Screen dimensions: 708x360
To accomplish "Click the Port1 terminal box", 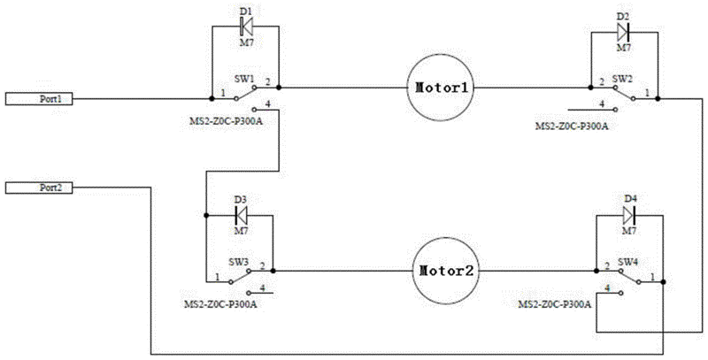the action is click(x=39, y=99).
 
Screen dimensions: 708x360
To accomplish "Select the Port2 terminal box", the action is click(x=39, y=188).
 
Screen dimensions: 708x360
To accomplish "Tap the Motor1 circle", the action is click(x=440, y=88).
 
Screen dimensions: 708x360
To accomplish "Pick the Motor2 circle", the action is click(x=446, y=272).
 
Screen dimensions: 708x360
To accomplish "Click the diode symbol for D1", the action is click(x=246, y=27).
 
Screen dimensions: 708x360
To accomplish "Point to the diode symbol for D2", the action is click(x=624, y=32).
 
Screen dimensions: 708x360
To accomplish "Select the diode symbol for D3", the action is click(x=242, y=215).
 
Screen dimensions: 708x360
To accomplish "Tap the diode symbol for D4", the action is click(x=629, y=215).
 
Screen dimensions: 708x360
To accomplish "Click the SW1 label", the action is click(x=242, y=78).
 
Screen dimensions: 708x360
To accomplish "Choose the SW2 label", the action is click(x=621, y=78).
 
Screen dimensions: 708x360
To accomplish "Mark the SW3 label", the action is click(x=237, y=262).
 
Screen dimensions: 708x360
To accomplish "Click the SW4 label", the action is click(x=627, y=262).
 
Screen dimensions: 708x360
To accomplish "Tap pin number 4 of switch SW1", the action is click(x=268, y=104).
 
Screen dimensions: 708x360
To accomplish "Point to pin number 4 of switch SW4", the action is click(x=608, y=287).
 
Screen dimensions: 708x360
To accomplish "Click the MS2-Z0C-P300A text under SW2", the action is click(x=572, y=126).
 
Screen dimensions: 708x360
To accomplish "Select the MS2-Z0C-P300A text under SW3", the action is click(x=220, y=304).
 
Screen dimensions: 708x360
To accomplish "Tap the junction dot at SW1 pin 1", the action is click(x=212, y=98).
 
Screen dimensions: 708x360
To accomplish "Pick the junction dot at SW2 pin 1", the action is click(x=658, y=98).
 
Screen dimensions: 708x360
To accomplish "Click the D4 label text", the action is click(x=629, y=199).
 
